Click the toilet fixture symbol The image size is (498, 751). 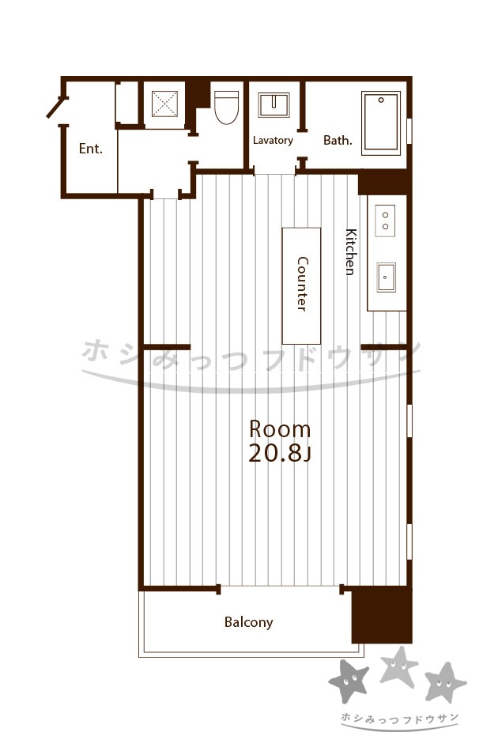point(226,108)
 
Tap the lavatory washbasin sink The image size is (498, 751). point(274,105)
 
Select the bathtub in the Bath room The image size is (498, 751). point(381,123)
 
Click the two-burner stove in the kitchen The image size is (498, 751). point(385,221)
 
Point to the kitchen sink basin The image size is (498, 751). point(386,277)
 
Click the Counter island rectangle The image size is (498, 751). point(301,285)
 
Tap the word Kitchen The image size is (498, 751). point(351,252)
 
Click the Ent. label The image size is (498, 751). point(90,149)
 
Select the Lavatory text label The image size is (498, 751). point(273,141)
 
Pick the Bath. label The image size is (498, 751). point(338,141)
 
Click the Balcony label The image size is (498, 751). point(248,622)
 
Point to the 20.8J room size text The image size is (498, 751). point(280,454)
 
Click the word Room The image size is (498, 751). point(280,429)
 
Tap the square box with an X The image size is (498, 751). point(164,104)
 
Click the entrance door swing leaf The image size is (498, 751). point(55,108)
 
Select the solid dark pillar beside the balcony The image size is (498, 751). point(382,614)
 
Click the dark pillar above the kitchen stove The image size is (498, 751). point(384,183)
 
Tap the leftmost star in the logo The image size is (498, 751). point(349,681)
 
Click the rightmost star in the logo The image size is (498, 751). point(445,682)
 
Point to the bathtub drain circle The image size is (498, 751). point(381,100)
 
